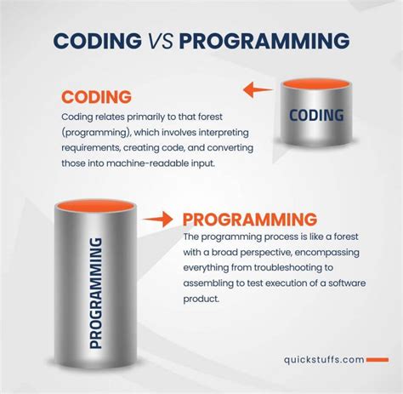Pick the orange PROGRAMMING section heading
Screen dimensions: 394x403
click(250, 219)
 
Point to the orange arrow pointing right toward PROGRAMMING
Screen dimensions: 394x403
click(156, 220)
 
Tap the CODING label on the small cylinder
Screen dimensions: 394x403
click(315, 115)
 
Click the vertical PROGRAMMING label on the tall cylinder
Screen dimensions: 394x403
click(95, 293)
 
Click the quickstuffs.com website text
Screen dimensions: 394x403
click(323, 359)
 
